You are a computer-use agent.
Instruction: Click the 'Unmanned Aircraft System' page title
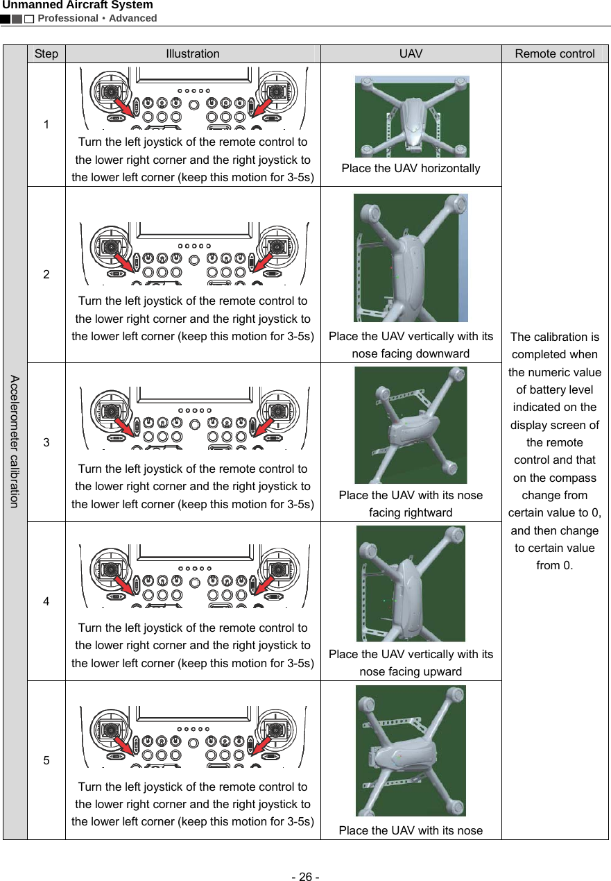coord(77,6)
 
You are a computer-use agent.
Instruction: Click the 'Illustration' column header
coord(193,53)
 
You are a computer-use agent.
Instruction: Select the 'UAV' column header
coord(411,53)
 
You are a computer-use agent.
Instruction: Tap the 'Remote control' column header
coord(555,53)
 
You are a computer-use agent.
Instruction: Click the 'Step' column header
coord(46,53)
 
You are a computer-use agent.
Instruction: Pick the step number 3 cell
coord(46,442)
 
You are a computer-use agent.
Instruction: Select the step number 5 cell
coord(46,760)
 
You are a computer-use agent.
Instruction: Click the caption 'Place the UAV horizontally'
coord(411,169)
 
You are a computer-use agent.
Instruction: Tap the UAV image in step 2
coord(411,258)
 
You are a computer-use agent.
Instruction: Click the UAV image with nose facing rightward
coord(411,425)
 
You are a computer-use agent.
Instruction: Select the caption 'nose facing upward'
coord(411,671)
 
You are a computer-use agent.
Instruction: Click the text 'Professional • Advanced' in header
coord(97,18)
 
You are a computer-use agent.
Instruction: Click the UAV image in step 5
coord(411,750)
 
